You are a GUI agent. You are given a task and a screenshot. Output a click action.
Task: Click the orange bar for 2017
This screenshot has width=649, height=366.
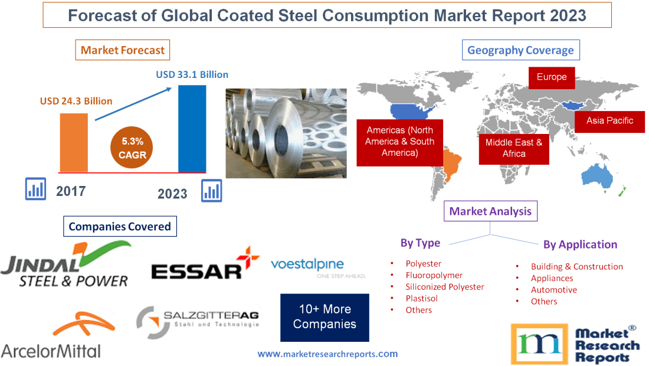(x=74, y=142)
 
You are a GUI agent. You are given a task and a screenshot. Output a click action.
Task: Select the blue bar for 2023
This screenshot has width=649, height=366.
(x=192, y=129)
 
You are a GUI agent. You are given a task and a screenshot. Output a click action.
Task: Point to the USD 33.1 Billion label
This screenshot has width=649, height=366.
(x=192, y=75)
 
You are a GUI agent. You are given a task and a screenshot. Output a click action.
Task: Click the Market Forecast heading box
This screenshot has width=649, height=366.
(x=123, y=50)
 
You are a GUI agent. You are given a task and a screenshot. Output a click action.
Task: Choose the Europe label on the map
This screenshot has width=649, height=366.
(x=552, y=77)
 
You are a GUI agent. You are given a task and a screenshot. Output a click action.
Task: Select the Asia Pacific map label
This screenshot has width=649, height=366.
(x=609, y=120)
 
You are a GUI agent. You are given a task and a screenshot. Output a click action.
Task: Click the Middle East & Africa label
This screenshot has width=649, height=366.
(x=514, y=148)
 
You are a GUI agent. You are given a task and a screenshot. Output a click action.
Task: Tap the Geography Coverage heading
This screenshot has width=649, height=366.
(x=520, y=50)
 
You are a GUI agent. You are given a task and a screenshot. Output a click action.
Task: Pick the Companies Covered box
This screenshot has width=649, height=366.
(x=120, y=226)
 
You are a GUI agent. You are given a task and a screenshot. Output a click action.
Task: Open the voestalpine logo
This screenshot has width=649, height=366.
(x=317, y=267)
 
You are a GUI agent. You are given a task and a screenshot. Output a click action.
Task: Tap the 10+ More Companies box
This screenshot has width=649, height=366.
(x=324, y=317)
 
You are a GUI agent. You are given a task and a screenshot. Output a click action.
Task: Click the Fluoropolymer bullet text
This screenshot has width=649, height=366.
(x=434, y=275)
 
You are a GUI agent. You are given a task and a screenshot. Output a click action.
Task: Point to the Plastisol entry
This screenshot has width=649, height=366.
(x=422, y=298)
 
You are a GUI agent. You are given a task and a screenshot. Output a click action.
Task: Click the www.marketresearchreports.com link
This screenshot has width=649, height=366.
(x=327, y=354)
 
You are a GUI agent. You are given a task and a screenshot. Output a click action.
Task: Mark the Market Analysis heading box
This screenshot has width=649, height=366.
(x=490, y=211)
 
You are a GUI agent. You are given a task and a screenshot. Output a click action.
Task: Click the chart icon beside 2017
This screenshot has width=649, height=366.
(x=35, y=188)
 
